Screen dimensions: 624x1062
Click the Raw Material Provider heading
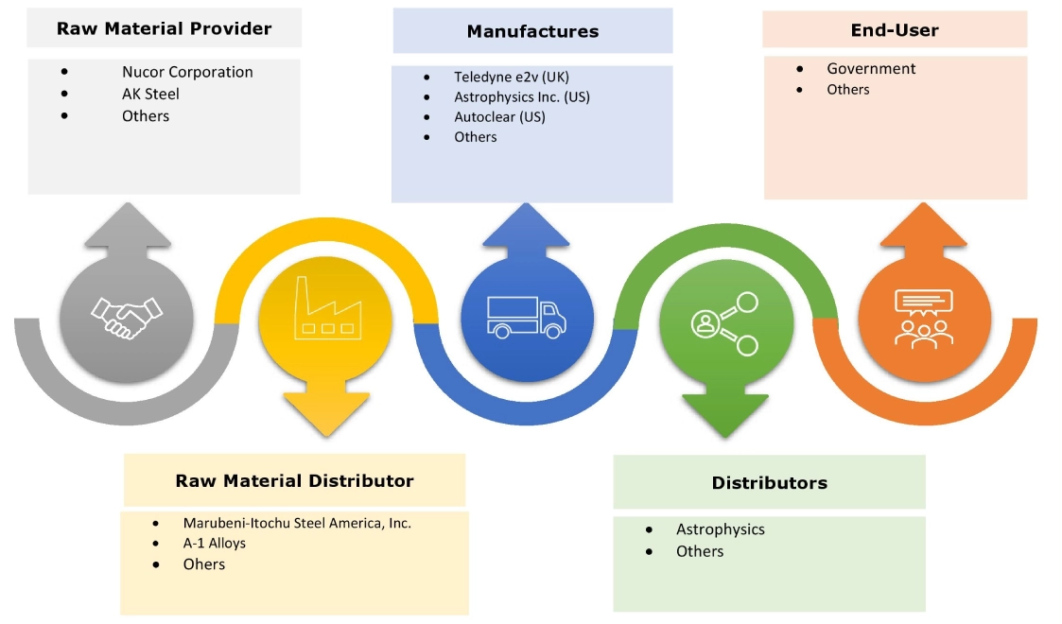164,28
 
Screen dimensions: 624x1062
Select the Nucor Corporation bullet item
187,72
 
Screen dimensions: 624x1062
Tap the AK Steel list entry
150,94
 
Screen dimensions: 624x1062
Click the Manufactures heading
532,31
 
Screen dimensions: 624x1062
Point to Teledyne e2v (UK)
511,77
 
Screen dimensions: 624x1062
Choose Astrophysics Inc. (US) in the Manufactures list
522,96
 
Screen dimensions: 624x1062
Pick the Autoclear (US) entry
499,117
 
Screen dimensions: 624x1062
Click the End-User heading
895,30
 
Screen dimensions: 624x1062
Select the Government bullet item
871,68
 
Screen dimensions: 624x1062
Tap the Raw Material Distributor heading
294,480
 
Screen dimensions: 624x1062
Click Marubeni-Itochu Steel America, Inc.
297,522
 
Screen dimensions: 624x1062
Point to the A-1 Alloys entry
214,543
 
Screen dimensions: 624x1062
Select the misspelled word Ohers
204,563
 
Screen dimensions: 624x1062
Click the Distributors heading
769,483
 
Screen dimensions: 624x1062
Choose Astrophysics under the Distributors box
720,529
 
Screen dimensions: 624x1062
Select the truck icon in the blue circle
526,316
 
